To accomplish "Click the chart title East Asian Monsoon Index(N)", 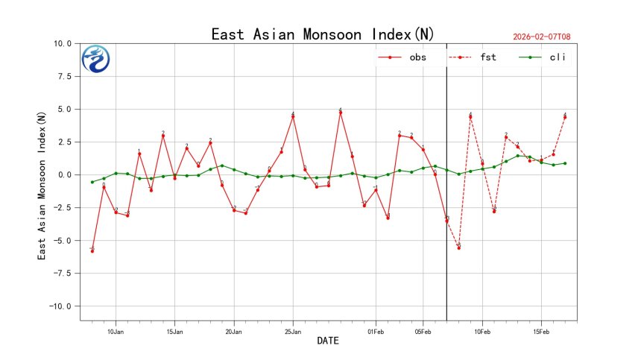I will coord(323,34).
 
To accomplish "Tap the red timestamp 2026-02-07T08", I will coord(547,37).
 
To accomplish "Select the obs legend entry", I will coord(402,57).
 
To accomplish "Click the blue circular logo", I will coord(95,59).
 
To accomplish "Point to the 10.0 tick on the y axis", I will coord(63,44).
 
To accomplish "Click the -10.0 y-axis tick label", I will coord(60,306).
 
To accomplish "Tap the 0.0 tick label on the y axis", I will coord(64,175).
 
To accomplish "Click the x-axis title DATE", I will coord(328,341).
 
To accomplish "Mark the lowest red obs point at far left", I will coord(92,251).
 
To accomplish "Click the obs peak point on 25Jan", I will coord(293,116).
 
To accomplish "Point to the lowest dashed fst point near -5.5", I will coord(458,247).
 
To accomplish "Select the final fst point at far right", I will coord(565,117).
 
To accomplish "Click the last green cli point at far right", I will coord(565,163).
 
